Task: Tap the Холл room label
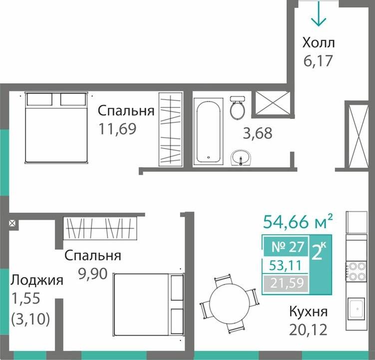318,42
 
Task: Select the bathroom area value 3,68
258,134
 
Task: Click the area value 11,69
118,128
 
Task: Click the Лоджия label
37,280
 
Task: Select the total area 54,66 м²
298,220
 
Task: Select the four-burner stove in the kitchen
357,271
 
